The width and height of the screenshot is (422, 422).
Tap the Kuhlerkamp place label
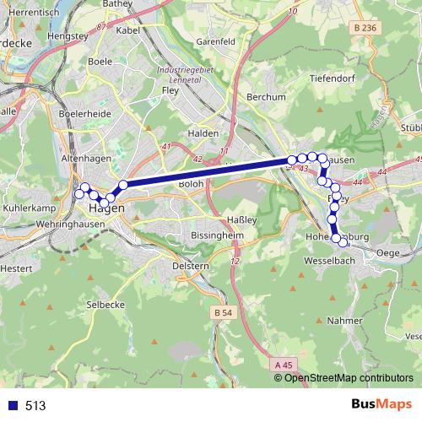point(29,207)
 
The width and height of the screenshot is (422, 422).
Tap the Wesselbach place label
point(321,262)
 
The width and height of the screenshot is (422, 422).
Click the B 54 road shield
point(223,312)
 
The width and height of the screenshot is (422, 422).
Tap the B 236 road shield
point(365,28)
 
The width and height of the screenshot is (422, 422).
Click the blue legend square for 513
point(13,405)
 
